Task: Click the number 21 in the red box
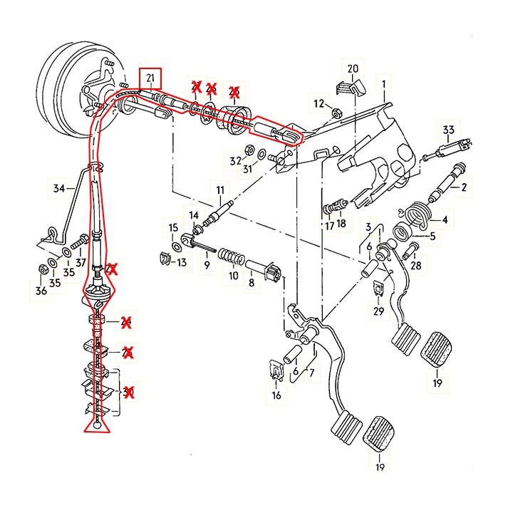point(150,77)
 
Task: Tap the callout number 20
point(352,68)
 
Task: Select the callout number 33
point(448,130)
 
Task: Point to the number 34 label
point(59,189)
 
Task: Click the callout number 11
point(220,190)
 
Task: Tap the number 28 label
point(416,265)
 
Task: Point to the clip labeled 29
point(378,289)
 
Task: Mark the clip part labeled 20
point(348,86)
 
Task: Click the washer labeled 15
point(175,247)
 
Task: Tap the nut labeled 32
point(250,150)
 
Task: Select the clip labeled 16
point(275,370)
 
